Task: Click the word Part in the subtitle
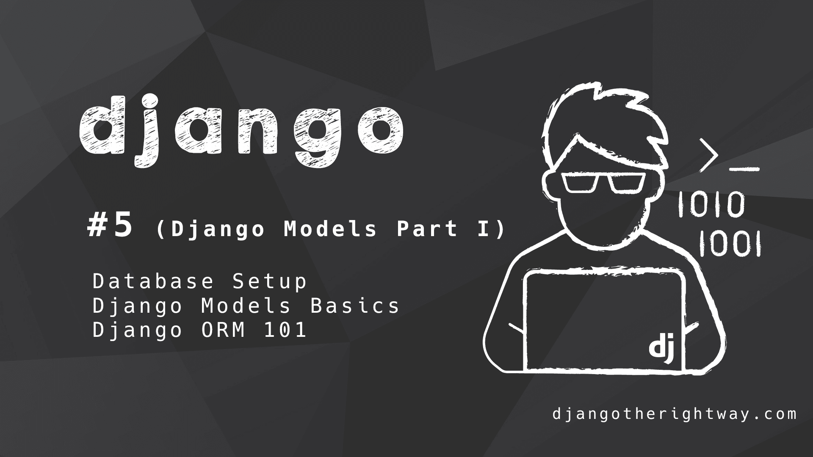click(x=427, y=229)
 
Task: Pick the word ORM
click(x=223, y=330)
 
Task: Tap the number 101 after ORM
click(x=285, y=330)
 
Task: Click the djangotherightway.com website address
click(x=675, y=413)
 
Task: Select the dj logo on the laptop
click(x=661, y=347)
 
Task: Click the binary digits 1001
click(x=730, y=244)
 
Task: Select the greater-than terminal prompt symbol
click(x=709, y=155)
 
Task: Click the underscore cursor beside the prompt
click(x=744, y=170)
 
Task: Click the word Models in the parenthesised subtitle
click(x=330, y=229)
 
